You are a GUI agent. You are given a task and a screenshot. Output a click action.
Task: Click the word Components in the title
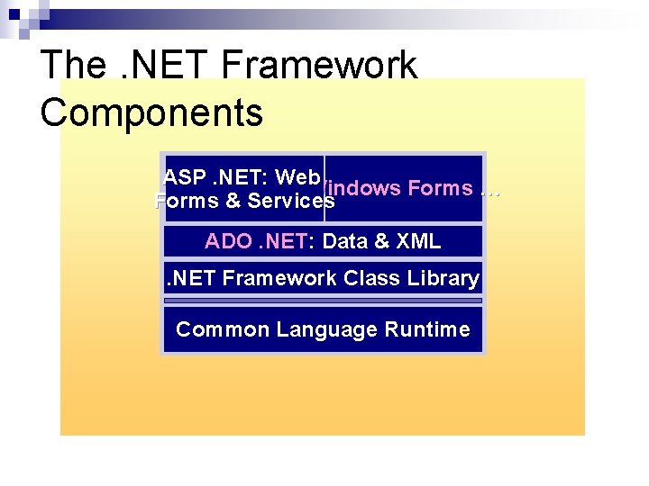pyautogui.click(x=151, y=112)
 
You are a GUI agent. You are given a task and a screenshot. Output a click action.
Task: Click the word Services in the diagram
pyautogui.click(x=291, y=201)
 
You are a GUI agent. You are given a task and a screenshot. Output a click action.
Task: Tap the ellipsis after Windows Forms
pyautogui.click(x=490, y=188)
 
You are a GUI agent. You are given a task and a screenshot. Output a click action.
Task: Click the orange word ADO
pyautogui.click(x=229, y=241)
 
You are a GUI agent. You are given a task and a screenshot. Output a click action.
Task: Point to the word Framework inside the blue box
pyautogui.click(x=279, y=278)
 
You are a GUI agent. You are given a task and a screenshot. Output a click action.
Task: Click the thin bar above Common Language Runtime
pyautogui.click(x=323, y=301)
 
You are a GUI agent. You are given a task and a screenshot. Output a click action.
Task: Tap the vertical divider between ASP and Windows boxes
pyautogui.click(x=324, y=187)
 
